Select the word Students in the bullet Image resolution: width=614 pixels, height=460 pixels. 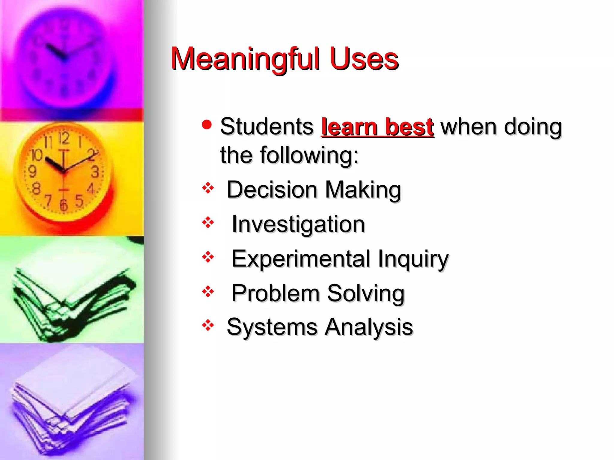(x=267, y=127)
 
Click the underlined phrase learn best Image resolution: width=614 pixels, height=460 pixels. (x=377, y=127)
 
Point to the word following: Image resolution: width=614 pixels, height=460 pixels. (x=309, y=155)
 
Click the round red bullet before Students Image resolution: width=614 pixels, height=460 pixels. (x=207, y=124)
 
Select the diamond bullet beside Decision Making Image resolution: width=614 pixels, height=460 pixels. (x=208, y=188)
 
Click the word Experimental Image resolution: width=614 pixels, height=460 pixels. (x=301, y=259)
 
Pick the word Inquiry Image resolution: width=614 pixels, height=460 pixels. (x=413, y=259)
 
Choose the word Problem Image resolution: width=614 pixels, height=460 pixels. (x=276, y=293)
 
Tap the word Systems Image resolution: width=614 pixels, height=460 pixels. (x=272, y=327)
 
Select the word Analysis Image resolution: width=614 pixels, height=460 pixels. (x=369, y=327)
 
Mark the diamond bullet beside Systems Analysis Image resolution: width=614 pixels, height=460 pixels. (x=208, y=325)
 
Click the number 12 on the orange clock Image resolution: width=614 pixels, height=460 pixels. (x=64, y=138)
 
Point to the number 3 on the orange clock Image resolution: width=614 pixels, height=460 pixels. (x=95, y=172)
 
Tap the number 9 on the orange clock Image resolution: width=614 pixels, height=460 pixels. (x=32, y=172)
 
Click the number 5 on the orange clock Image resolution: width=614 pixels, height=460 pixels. (x=79, y=201)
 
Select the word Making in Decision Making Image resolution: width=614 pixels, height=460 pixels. (x=363, y=190)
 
